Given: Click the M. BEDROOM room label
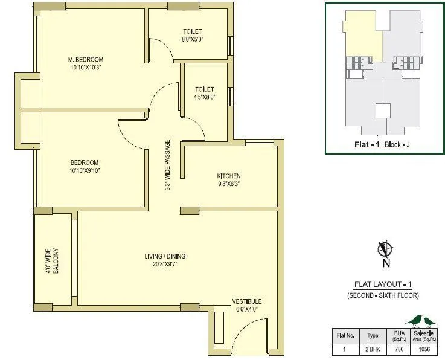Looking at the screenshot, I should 85,59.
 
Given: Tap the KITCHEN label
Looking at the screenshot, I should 229,176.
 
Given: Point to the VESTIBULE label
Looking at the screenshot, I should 247,301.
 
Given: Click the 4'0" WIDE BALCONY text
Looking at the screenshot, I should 51,260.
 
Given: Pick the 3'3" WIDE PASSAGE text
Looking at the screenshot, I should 168,166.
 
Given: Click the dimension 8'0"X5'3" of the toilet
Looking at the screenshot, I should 193,40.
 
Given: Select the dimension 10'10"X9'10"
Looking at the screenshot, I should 85,171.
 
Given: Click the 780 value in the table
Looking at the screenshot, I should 399,349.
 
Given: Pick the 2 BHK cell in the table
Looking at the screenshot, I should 373,349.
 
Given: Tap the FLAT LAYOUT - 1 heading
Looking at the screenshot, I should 383,284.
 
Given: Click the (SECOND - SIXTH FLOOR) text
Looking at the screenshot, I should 383,295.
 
